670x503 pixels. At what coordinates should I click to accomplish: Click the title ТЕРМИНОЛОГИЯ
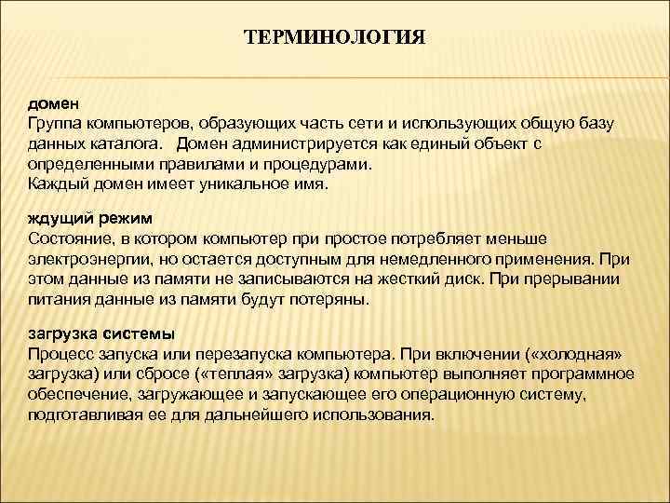click(334, 38)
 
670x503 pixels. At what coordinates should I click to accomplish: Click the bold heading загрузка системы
click(101, 333)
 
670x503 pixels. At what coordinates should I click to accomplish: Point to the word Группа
click(54, 124)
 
